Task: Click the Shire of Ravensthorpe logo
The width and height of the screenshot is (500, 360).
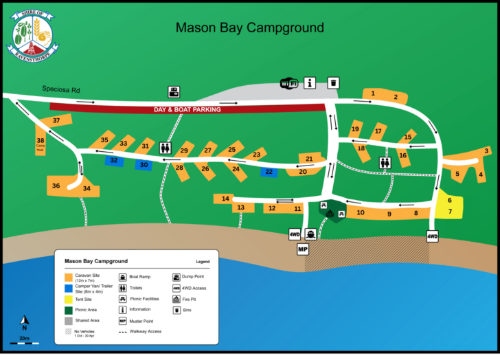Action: tap(32, 34)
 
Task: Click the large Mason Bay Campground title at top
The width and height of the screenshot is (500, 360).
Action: tap(249, 28)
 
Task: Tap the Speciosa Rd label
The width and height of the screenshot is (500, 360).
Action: tap(61, 89)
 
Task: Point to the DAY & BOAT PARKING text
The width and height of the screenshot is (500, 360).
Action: tap(187, 109)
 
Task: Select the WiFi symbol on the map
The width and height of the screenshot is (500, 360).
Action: tap(289, 83)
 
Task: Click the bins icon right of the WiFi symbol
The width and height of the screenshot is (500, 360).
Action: tap(333, 82)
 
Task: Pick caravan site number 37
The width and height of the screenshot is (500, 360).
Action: tap(56, 121)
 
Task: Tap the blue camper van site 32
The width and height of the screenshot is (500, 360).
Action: tap(114, 160)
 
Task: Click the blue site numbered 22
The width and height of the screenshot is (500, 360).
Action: tap(269, 172)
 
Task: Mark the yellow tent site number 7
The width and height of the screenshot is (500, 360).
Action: tap(450, 212)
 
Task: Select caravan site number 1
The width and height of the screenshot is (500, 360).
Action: tap(373, 93)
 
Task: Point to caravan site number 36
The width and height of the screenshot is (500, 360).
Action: tap(56, 185)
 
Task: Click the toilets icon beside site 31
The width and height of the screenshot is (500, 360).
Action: tap(166, 148)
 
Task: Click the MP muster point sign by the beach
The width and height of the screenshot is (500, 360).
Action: tap(303, 249)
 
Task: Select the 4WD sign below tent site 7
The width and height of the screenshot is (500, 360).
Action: tap(432, 236)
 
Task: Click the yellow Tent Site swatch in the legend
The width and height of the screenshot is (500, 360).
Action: tap(68, 299)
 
